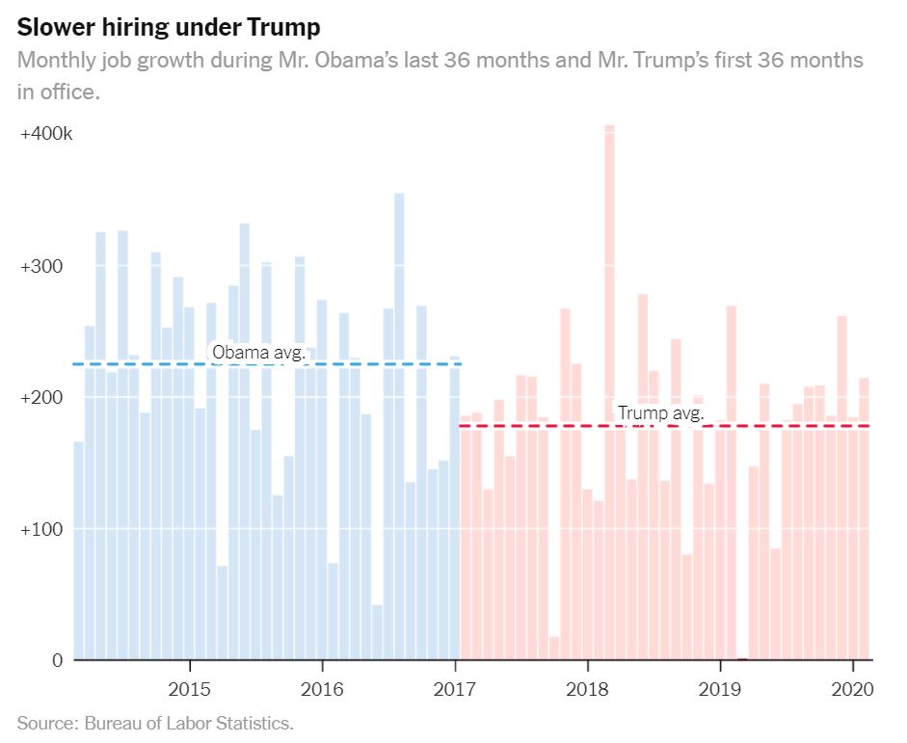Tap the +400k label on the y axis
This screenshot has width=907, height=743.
pyautogui.click(x=46, y=134)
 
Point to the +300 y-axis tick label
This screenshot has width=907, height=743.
pyautogui.click(x=40, y=266)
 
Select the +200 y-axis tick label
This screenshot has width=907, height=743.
pyautogui.click(x=40, y=398)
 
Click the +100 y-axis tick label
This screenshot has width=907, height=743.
pyautogui.click(x=40, y=529)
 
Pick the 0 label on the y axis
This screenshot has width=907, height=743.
pyautogui.click(x=57, y=660)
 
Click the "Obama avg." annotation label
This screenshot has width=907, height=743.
pyautogui.click(x=258, y=353)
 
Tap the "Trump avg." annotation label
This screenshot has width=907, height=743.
pyautogui.click(x=661, y=414)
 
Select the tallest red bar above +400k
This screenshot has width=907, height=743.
pyautogui.click(x=609, y=385)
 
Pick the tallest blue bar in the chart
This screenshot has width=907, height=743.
pyautogui.click(x=399, y=424)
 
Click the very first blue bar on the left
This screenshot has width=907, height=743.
pyautogui.click(x=78, y=549)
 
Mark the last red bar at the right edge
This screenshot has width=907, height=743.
pyautogui.click(x=864, y=520)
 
